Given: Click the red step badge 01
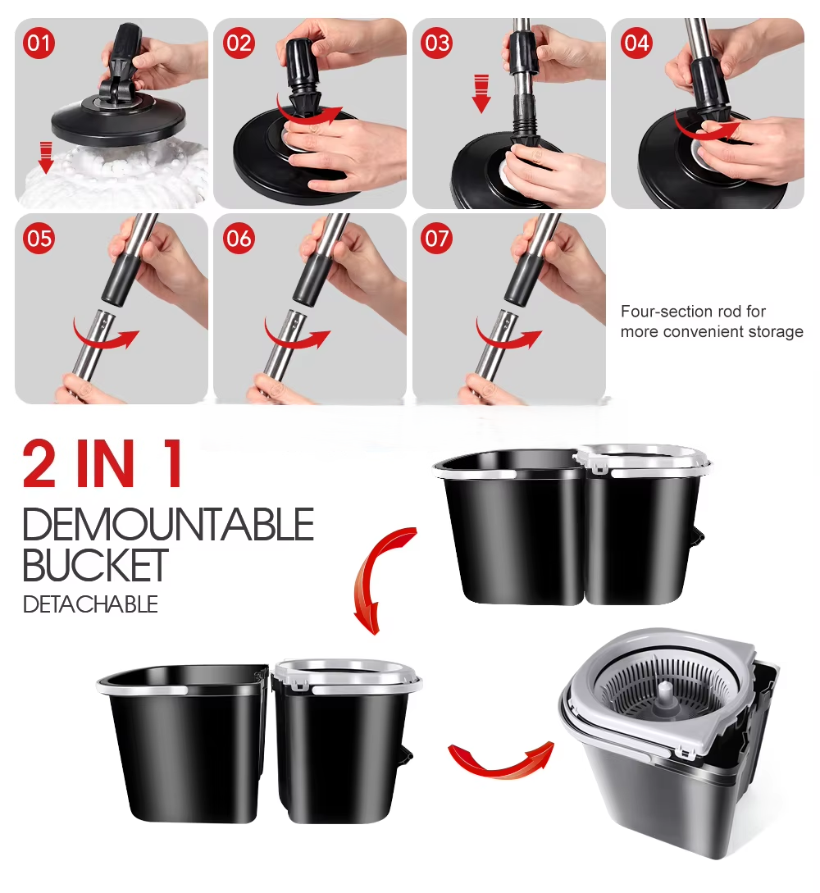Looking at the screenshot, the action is (x=39, y=43).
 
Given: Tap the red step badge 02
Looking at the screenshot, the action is (x=239, y=43).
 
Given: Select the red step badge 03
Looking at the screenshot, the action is (x=437, y=43).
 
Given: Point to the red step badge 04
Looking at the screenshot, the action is (x=636, y=43).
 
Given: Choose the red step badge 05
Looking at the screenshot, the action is (x=39, y=238).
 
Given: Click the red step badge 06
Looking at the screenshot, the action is (x=239, y=238).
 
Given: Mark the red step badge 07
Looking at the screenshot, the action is (x=437, y=238).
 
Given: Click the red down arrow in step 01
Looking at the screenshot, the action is (x=46, y=157).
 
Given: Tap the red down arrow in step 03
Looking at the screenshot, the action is (x=482, y=93).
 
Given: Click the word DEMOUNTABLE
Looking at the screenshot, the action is (x=169, y=524).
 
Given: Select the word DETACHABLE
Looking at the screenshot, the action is (x=90, y=604).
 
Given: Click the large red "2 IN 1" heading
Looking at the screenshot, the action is (x=103, y=463).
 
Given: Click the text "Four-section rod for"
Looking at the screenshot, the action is (x=693, y=311).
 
